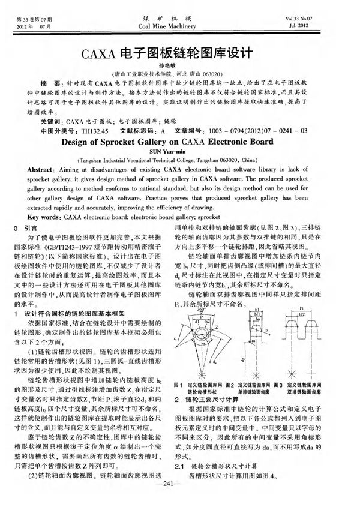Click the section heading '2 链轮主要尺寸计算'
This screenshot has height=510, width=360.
click(206, 398)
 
